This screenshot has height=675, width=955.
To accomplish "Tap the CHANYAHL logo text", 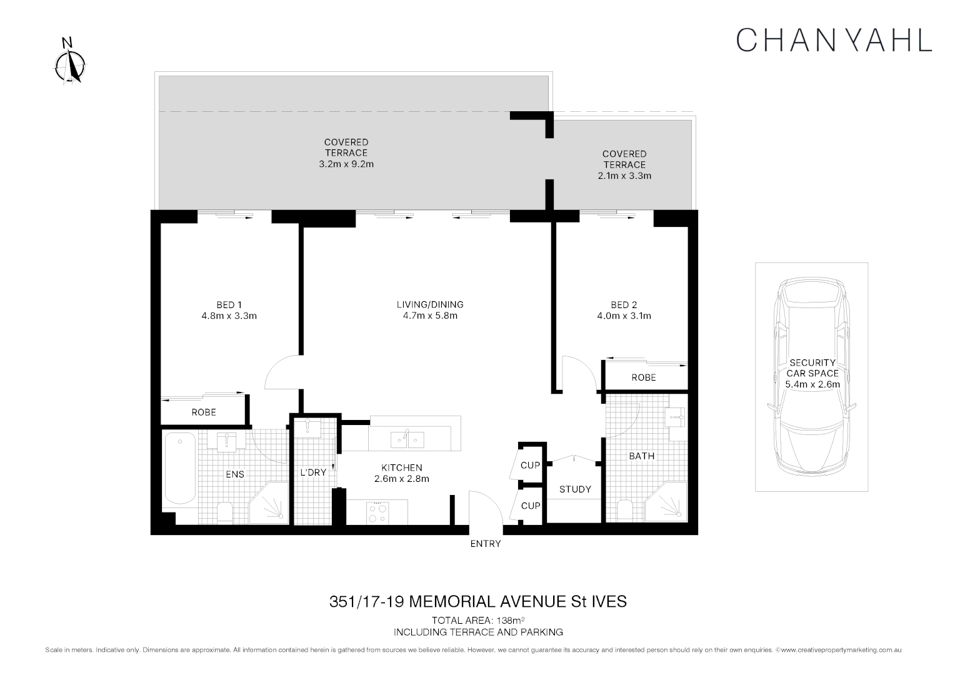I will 834,39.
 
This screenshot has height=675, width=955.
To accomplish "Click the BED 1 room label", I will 229,305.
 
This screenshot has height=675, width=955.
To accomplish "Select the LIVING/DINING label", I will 430,305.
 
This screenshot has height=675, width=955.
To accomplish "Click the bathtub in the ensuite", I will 179,469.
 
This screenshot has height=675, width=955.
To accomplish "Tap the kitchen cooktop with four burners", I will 377,512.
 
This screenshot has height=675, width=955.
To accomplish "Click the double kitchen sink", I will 407,439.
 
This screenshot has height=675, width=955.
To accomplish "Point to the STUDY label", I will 575,489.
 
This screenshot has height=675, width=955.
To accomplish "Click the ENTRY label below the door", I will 486,544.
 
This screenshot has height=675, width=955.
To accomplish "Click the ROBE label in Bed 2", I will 643,377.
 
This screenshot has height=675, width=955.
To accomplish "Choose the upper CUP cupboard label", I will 530,466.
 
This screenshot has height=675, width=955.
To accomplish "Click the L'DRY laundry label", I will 313,472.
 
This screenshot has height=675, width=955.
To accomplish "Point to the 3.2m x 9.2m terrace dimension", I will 346,164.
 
